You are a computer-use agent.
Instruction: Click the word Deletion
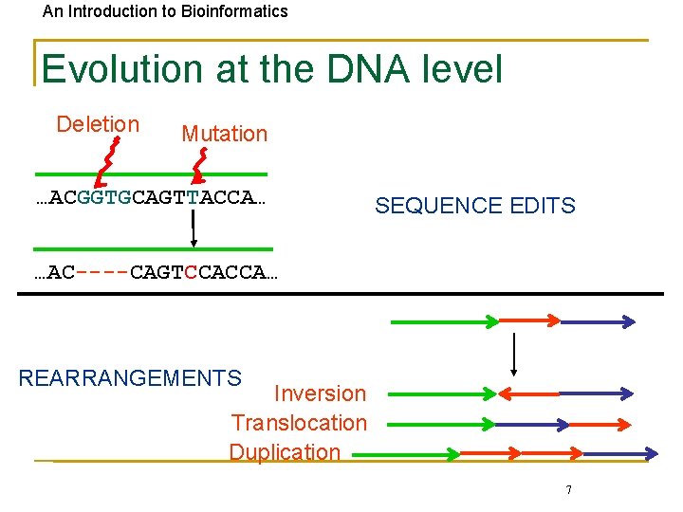tap(98, 124)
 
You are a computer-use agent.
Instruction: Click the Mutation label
tap(225, 134)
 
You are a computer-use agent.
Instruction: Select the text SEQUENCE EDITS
tap(474, 206)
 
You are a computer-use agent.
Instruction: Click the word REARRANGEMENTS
tap(130, 378)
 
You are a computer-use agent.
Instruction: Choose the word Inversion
tap(320, 393)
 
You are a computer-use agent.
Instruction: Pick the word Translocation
tap(299, 423)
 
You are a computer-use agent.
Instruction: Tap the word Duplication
tap(285, 452)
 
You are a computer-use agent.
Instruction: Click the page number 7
tap(568, 490)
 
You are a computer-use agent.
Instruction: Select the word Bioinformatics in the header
tap(229, 11)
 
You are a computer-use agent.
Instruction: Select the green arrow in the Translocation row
tap(442, 424)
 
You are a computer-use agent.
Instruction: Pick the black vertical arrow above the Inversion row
tap(513, 356)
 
